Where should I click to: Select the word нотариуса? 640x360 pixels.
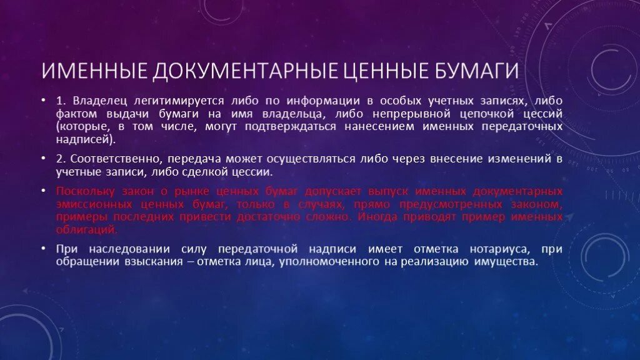[489, 249]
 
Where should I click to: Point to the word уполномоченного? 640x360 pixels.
[326, 262]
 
